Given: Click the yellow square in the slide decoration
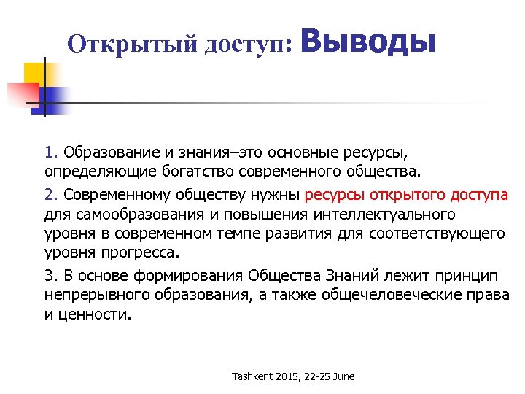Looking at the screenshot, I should tap(35, 73).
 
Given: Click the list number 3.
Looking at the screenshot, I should tap(49, 276).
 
